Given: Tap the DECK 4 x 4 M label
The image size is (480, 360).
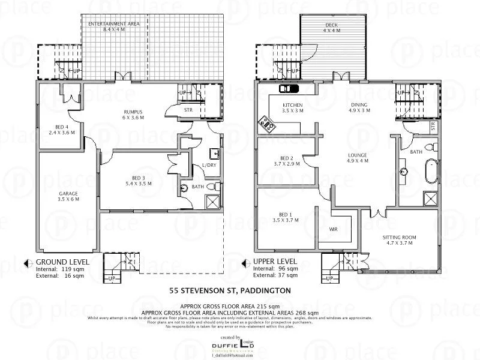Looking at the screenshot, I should coord(332,26).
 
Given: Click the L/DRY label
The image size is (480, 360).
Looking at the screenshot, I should coord(209,165).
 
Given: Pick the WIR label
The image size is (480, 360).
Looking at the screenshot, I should coord(334,229).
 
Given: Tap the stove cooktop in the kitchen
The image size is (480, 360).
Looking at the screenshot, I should coord(266,125).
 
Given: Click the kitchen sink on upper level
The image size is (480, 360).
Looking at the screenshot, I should coord(288,89).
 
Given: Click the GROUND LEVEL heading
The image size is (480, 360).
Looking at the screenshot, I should coord(63,262).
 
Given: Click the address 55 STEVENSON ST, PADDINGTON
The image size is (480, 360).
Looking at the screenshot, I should coord(230,290).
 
